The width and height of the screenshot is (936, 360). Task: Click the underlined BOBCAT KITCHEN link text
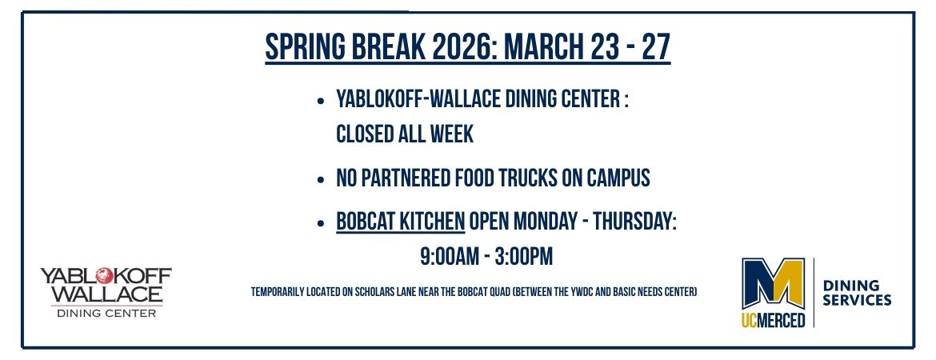401,222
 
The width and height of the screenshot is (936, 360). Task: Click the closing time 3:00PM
522,257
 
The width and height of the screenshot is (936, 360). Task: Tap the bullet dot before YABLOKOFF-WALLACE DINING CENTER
321,102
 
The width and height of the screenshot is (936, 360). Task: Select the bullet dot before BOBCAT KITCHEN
321,223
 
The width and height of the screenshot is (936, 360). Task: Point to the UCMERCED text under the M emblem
773,319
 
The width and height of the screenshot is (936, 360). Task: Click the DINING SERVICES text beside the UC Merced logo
857,293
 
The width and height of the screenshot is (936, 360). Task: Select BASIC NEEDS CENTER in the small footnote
659,293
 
